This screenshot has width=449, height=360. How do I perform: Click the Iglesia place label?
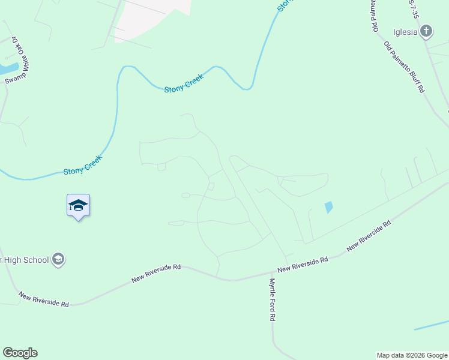coord(405,32)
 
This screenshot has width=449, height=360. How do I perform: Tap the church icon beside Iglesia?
coord(426,31)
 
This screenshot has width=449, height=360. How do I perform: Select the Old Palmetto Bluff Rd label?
coord(404,67)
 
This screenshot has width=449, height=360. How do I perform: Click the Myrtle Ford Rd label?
coord(272,299)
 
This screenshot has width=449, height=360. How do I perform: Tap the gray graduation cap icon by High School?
coord(58,260)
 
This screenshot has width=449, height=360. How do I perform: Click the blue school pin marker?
coord(78,206)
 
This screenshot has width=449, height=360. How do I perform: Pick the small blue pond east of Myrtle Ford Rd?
coord(328,208)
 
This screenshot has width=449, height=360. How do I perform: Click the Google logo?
coord(20,353)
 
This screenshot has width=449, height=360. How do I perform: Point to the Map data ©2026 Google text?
coord(412,355)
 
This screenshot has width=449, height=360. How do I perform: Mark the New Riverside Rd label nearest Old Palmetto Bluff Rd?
coord(369,235)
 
